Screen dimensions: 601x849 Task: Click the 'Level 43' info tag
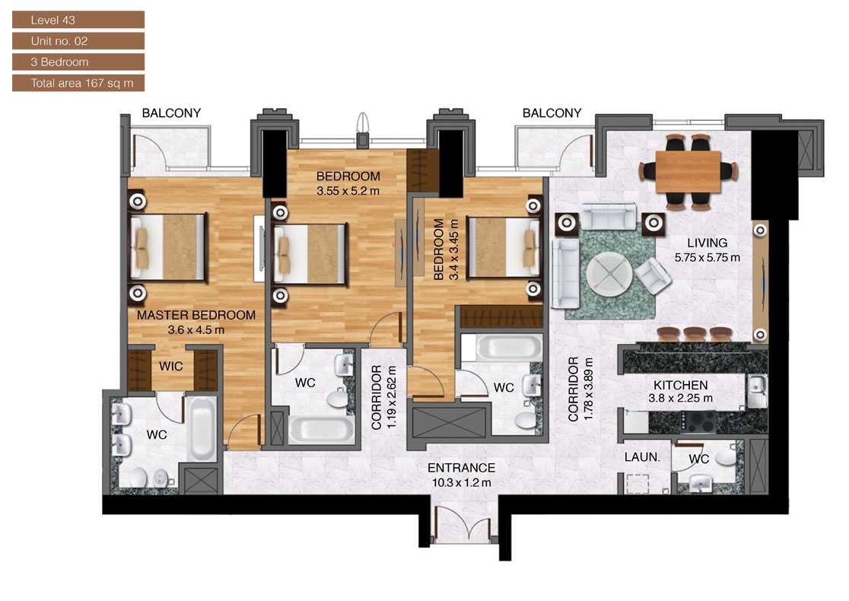click(x=78, y=19)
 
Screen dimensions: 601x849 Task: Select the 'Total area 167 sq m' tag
click(x=78, y=83)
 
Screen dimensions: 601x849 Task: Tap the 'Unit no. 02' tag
click(x=78, y=41)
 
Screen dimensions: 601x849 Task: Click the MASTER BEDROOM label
click(x=196, y=315)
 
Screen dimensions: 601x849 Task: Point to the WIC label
click(x=171, y=367)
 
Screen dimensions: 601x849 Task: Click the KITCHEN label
click(x=680, y=386)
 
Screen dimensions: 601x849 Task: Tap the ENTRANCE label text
click(x=461, y=468)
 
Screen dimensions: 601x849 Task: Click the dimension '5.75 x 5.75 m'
click(x=707, y=257)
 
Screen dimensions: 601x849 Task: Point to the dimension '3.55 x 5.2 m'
click(x=348, y=191)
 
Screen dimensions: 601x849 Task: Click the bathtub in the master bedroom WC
click(x=201, y=431)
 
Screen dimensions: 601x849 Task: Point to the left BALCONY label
click(x=171, y=113)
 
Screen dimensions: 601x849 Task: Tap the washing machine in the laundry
click(x=637, y=483)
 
